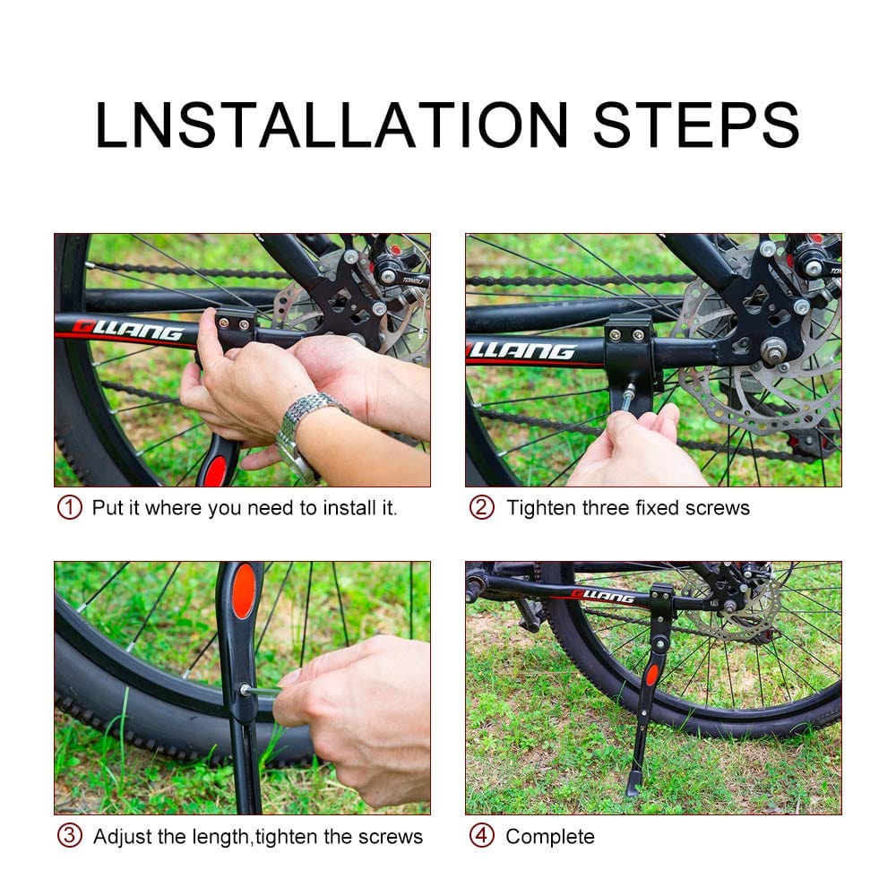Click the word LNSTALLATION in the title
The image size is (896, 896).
[x=332, y=125]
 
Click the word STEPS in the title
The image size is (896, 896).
[x=695, y=125]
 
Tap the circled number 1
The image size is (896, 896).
[x=70, y=507]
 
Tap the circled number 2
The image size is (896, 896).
[x=482, y=507]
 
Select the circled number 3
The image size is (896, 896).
[x=70, y=836]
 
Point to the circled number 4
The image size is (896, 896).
[x=482, y=836]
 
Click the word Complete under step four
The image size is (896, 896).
[x=549, y=837]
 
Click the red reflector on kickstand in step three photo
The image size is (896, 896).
[x=243, y=591]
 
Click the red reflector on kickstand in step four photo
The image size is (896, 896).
[x=652, y=674]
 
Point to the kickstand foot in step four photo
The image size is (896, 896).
[x=633, y=786]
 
